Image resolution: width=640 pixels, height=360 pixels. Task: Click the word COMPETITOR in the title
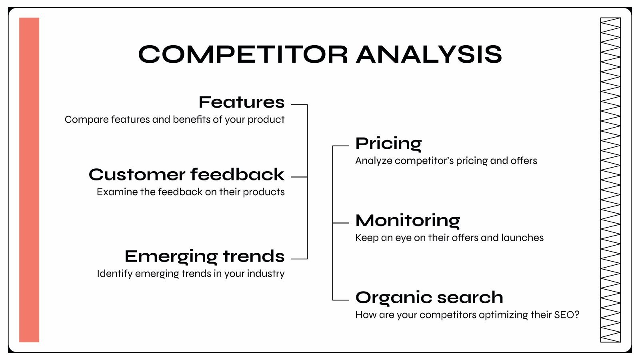[243, 54]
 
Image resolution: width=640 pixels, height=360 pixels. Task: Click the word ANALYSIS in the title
[429, 54]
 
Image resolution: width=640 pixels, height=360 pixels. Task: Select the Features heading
[242, 102]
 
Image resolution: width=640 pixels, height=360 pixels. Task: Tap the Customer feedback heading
[186, 174]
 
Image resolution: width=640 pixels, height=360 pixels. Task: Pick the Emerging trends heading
[204, 256]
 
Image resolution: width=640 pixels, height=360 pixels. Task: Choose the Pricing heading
[388, 144]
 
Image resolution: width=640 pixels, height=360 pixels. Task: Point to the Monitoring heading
[408, 221]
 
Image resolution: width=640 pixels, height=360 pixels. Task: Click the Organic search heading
[429, 298]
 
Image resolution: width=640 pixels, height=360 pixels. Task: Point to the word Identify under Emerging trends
[115, 274]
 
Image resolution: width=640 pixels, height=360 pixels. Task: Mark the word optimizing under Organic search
[503, 315]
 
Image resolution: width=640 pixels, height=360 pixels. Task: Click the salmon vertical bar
[29, 180]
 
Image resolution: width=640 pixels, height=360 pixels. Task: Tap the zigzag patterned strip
[610, 180]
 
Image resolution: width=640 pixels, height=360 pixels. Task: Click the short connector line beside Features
[299, 105]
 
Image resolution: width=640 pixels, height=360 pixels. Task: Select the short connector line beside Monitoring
[341, 223]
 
